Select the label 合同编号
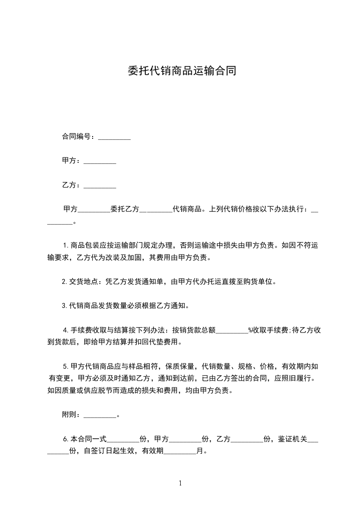point(78,137)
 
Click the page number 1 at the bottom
point(180,483)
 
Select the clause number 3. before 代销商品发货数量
point(64,306)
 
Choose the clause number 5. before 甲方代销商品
point(65,366)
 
